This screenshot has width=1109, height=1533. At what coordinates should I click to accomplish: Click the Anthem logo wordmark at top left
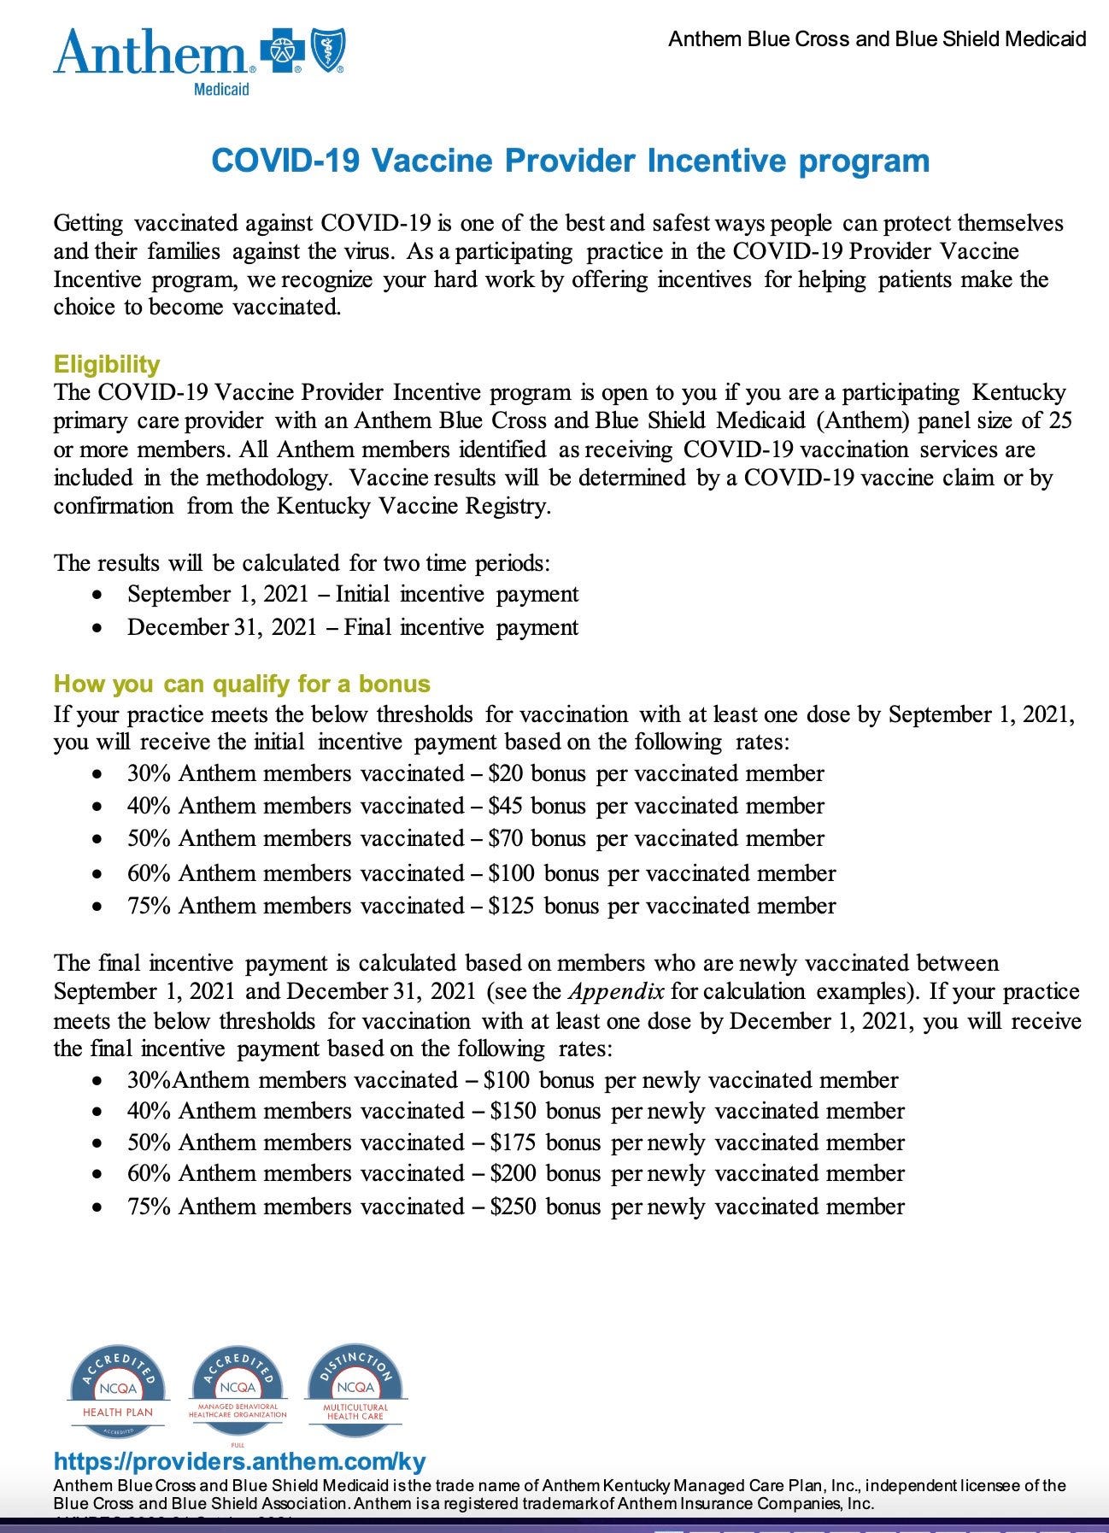(x=150, y=53)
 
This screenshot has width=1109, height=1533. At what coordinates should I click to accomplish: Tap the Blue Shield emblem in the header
(x=326, y=52)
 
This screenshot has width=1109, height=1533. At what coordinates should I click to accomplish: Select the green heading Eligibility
(x=107, y=365)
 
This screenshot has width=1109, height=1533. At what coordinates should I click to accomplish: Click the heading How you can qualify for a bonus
(x=242, y=684)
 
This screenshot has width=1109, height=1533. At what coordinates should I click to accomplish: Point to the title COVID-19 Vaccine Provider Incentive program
(x=570, y=161)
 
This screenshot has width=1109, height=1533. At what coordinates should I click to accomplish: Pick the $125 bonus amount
(x=511, y=906)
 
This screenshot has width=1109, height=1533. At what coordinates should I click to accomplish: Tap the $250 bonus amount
(x=513, y=1207)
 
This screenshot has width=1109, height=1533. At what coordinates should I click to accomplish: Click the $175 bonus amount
(x=513, y=1142)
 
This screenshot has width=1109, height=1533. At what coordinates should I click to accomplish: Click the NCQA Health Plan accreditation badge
(x=117, y=1392)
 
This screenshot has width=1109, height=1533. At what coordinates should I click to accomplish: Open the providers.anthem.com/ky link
(x=239, y=1461)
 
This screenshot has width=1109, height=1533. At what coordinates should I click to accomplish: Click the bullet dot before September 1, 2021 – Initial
(x=101, y=595)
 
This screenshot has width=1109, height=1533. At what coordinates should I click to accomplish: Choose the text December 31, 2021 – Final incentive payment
(x=352, y=627)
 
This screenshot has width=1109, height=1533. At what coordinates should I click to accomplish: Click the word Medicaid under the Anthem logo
(x=221, y=89)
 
